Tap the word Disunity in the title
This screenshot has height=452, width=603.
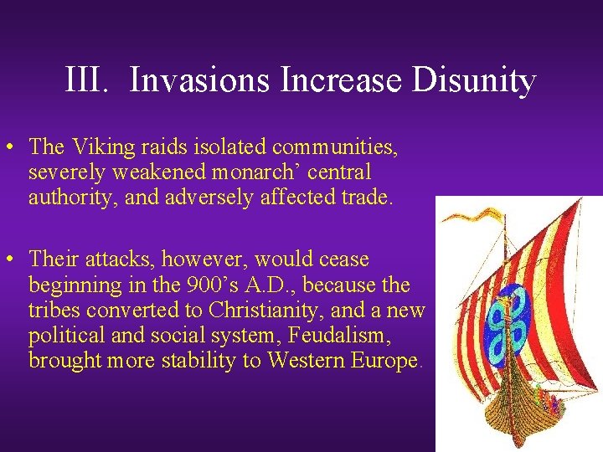point(481,81)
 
